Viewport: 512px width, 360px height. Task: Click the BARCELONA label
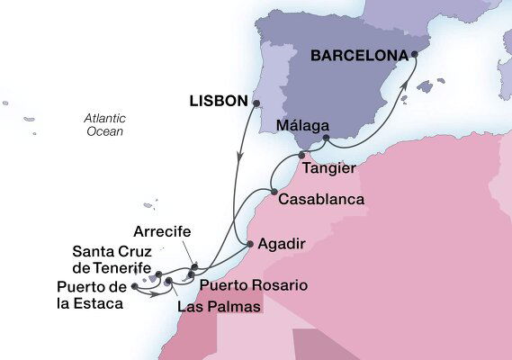point(358,55)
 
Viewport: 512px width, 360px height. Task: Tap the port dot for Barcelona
point(415,55)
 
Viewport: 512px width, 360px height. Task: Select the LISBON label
point(219,102)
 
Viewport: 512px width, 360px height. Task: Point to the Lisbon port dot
point(256,103)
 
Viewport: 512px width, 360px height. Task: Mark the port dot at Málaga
point(326,139)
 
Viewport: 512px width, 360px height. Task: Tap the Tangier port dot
point(301,156)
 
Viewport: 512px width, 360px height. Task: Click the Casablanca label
point(321,199)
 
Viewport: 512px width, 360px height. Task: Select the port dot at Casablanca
point(274,191)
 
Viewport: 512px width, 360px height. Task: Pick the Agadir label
point(282,244)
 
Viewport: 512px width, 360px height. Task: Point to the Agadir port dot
point(250,243)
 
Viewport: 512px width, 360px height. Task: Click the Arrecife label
point(161,232)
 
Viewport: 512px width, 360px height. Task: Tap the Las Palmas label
point(220,308)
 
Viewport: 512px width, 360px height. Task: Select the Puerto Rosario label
point(253,285)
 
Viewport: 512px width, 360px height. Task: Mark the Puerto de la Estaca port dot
point(135,286)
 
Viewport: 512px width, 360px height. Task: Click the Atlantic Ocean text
point(103,125)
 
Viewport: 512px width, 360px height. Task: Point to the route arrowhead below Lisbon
point(239,157)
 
